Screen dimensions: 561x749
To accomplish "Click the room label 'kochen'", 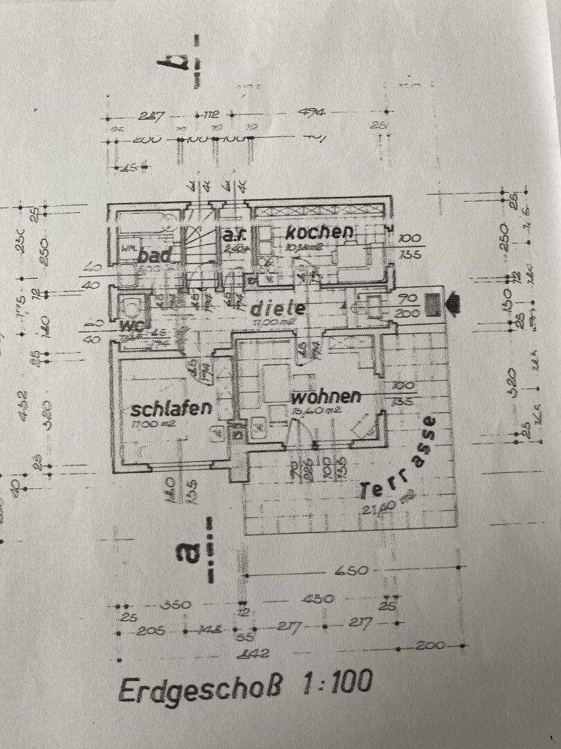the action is pos(319,232).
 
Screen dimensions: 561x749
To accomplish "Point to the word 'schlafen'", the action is pos(171,409).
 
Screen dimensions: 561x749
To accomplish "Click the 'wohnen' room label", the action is pos(326,397).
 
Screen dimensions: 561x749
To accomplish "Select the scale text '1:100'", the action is pos(336,683).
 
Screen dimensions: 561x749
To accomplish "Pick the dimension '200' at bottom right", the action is pos(431,646).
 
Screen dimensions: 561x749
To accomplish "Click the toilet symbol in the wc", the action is pos(130,305).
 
